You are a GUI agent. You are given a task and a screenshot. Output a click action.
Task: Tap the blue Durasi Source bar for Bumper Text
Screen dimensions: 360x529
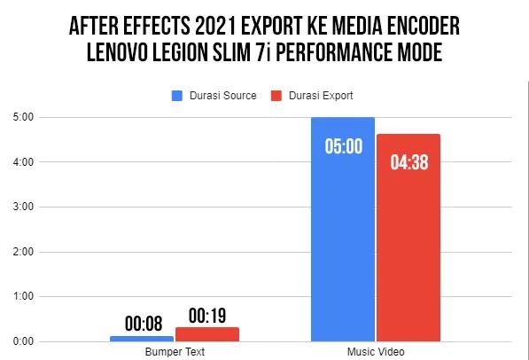142,338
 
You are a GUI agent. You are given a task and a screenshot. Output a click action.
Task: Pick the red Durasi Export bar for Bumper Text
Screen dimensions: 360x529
207,334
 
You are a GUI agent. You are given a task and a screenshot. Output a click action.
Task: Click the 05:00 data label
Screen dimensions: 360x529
343,145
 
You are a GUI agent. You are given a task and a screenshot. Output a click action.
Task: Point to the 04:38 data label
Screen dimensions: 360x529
408,162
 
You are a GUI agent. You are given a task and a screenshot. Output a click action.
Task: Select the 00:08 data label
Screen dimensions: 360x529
142,324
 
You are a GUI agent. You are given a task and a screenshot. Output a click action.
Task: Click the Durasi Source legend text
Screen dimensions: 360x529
219,95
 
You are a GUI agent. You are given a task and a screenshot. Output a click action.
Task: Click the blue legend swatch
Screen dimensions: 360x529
176,95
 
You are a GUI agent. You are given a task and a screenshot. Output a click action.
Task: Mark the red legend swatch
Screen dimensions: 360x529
275,95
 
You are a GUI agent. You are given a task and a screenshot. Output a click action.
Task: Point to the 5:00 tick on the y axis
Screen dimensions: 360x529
24,117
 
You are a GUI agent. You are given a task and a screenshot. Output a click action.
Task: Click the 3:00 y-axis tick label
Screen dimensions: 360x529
24,207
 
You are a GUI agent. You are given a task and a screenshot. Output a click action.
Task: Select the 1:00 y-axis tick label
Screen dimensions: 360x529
24,296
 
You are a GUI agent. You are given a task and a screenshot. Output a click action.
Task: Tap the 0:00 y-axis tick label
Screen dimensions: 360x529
24,341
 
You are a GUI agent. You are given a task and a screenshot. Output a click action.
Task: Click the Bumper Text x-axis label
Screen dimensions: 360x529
175,352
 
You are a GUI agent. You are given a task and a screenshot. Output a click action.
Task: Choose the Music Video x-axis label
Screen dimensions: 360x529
376,352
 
